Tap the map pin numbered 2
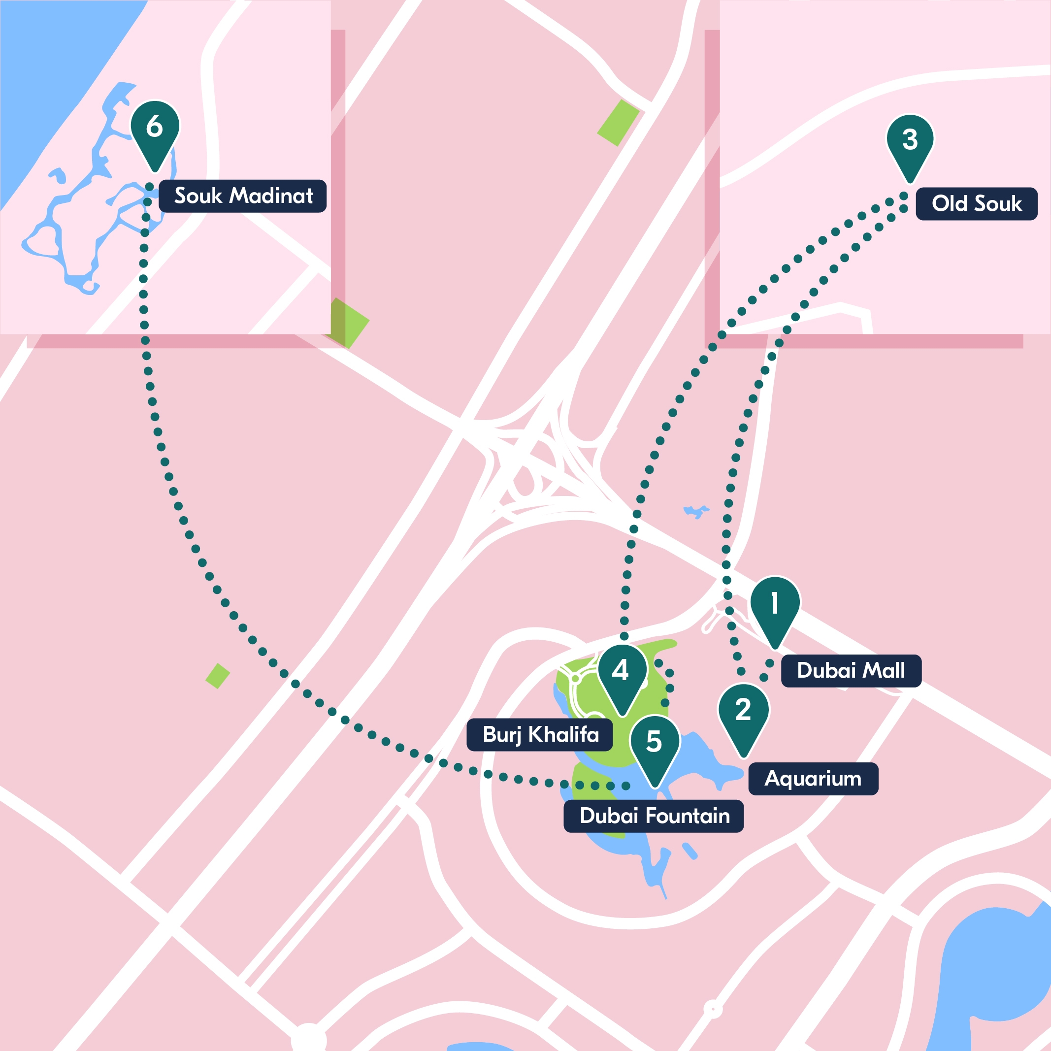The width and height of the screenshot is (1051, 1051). [x=743, y=713]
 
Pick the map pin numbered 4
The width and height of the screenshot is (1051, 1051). [x=622, y=673]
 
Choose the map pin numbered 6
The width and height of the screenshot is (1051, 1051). [x=155, y=129]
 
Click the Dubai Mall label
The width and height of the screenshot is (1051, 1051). [x=851, y=671]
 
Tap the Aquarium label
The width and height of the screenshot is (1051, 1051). [x=813, y=779]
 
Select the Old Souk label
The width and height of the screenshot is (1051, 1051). [x=977, y=203]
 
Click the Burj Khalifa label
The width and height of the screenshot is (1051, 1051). [x=540, y=734]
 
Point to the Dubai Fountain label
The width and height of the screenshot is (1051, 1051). [x=654, y=816]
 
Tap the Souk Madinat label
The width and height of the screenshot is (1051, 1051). [x=243, y=196]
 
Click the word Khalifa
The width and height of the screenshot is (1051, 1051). [x=563, y=734]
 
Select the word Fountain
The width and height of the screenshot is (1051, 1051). [x=688, y=816]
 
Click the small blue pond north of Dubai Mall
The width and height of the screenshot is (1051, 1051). [x=696, y=511]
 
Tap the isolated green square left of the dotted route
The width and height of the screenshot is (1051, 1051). [x=218, y=676]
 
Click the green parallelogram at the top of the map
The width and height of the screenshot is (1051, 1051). [x=619, y=123]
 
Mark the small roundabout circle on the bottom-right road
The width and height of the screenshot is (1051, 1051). [x=713, y=1009]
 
